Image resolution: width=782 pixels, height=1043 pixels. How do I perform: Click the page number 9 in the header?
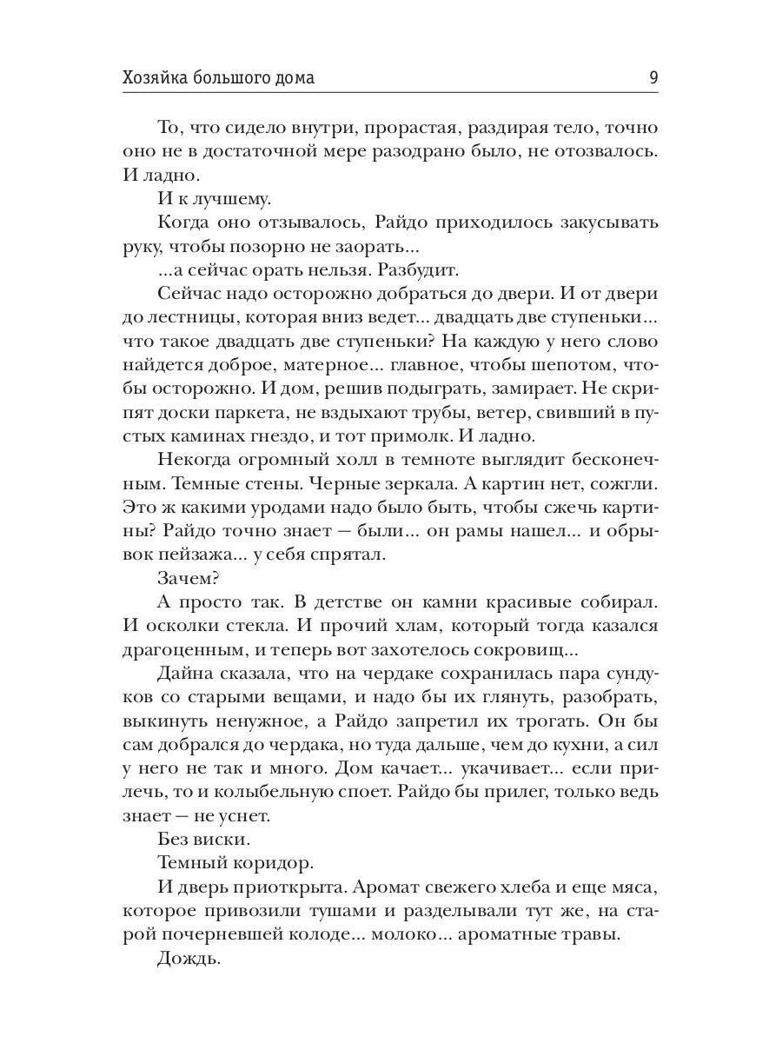click(x=653, y=77)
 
